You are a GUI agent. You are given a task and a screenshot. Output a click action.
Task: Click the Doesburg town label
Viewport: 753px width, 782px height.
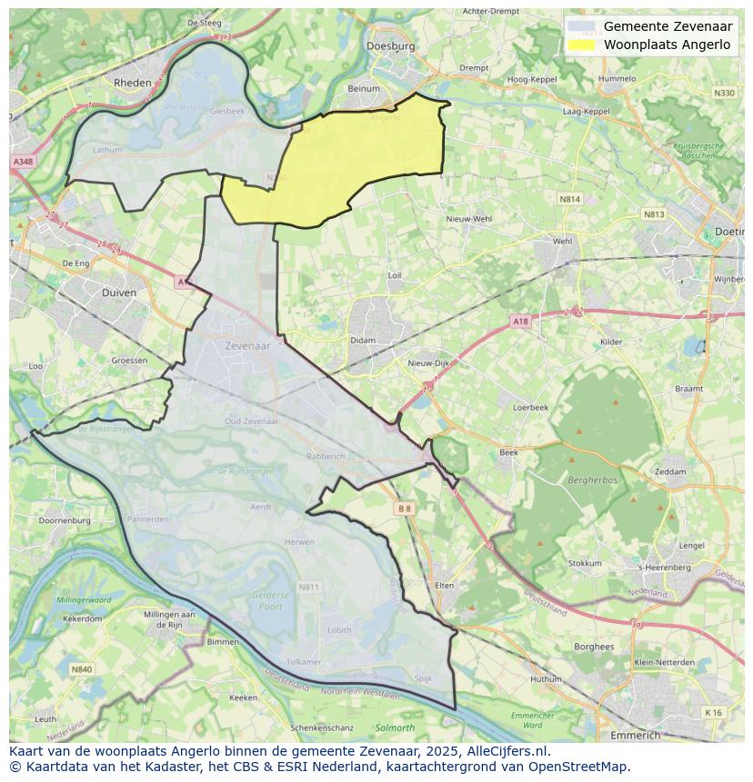pyautogui.click(x=390, y=45)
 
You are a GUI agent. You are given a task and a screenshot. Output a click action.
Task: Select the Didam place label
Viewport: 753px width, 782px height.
pyautogui.click(x=362, y=341)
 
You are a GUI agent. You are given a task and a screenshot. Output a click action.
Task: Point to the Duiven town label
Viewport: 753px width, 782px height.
pyautogui.click(x=119, y=292)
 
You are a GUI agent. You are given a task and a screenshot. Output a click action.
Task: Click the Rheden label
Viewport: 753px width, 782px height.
pyautogui.click(x=132, y=82)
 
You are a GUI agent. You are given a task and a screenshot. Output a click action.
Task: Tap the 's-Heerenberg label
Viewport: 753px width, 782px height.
pyautogui.click(x=665, y=568)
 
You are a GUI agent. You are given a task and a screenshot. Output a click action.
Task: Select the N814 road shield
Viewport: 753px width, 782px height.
pyautogui.click(x=569, y=198)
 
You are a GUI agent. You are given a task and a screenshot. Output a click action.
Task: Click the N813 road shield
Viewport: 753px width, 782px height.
pyautogui.click(x=653, y=214)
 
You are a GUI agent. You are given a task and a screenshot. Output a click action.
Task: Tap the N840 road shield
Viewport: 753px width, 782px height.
pyautogui.click(x=82, y=669)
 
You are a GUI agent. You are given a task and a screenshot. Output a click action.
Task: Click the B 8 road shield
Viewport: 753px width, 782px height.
pyautogui.click(x=405, y=510)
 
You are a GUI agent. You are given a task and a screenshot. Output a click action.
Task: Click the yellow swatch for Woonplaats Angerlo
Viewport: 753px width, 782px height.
pyautogui.click(x=581, y=45)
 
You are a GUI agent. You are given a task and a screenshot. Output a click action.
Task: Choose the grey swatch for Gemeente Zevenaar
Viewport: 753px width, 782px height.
pyautogui.click(x=581, y=26)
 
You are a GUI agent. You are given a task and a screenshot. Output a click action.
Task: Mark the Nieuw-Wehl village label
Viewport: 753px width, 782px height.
pyautogui.click(x=469, y=219)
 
